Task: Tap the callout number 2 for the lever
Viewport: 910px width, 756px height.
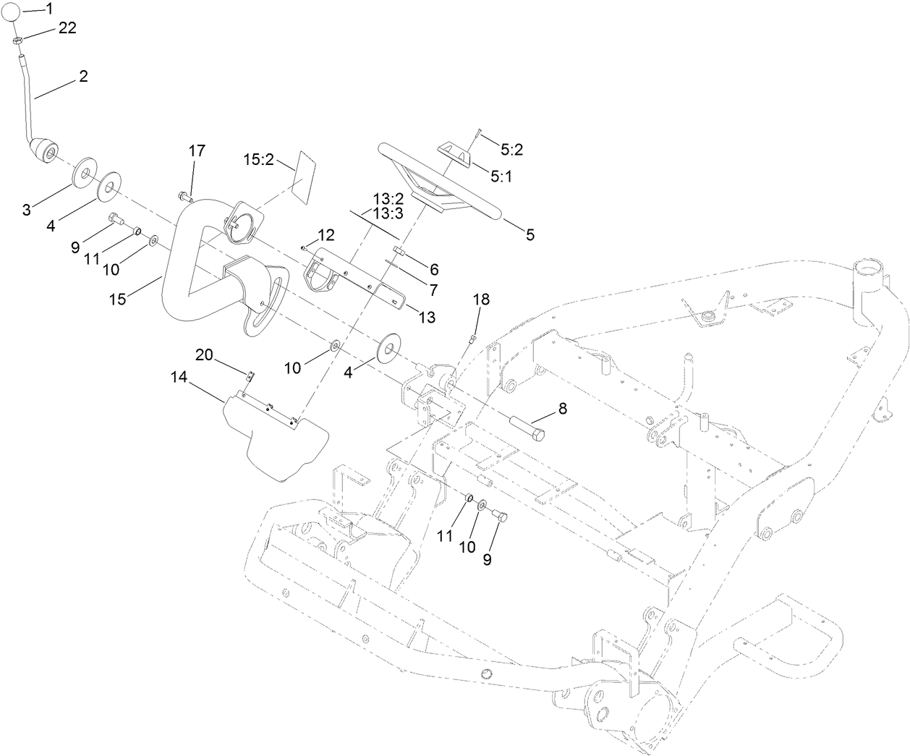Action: click(83, 76)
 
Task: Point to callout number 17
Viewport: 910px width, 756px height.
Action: click(197, 151)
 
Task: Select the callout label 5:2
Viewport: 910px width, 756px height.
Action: click(511, 150)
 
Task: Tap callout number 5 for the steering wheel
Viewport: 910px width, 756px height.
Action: click(530, 234)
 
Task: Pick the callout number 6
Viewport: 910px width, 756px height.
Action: click(434, 269)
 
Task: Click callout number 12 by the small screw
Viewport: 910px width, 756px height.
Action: click(326, 234)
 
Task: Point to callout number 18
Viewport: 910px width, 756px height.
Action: click(482, 300)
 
